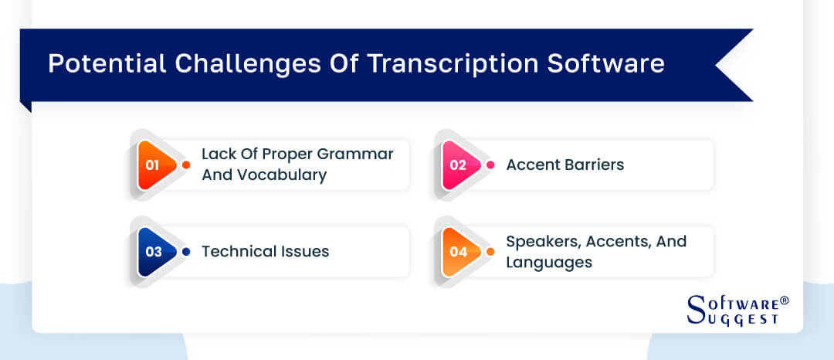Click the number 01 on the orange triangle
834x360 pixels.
[152, 165]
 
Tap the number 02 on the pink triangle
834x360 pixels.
[456, 165]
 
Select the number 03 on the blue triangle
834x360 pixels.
[152, 252]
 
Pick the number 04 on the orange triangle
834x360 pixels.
[456, 252]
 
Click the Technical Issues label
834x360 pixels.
[265, 251]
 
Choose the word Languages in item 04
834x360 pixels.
[549, 262]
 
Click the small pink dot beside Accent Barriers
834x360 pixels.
[490, 165]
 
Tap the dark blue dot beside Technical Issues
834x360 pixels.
[186, 252]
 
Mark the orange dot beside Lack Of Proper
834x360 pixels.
[186, 165]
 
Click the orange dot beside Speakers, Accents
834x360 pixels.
[490, 252]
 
